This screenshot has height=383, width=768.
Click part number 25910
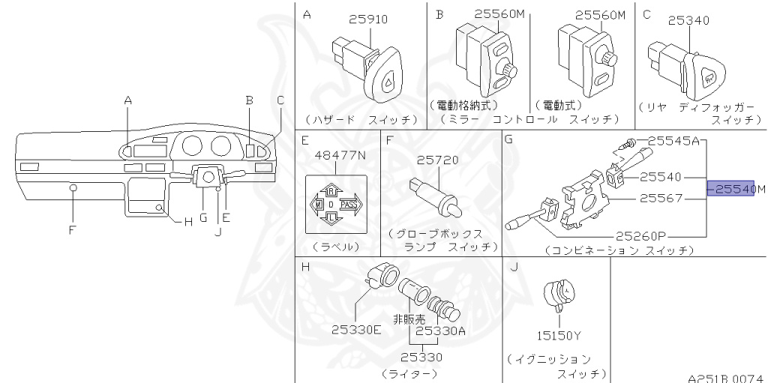click(x=367, y=19)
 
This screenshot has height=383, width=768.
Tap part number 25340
click(x=688, y=20)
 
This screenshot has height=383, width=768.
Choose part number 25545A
click(x=673, y=140)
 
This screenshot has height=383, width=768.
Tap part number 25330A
click(x=440, y=330)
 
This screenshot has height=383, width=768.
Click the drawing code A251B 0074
click(x=726, y=379)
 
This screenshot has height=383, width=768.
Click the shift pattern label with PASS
click(x=336, y=204)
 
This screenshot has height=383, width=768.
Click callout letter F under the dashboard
click(x=72, y=230)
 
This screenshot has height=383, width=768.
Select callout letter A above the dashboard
click(x=127, y=100)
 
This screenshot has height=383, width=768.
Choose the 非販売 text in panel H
click(x=409, y=317)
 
